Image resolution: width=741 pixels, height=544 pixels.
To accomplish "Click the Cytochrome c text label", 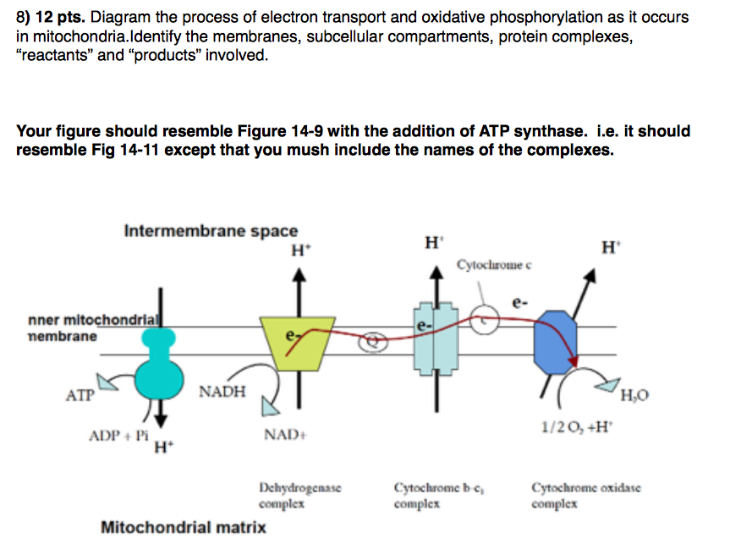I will click(x=494, y=267).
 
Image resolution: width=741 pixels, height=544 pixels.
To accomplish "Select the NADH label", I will click(x=222, y=392).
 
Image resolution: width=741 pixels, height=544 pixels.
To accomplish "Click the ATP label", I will click(x=80, y=394).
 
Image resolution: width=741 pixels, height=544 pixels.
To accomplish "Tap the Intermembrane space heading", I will click(x=211, y=231).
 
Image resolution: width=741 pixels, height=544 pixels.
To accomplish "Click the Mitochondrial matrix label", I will click(x=184, y=527).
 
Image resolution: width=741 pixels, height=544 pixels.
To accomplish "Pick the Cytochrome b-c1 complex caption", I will click(x=432, y=496).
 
